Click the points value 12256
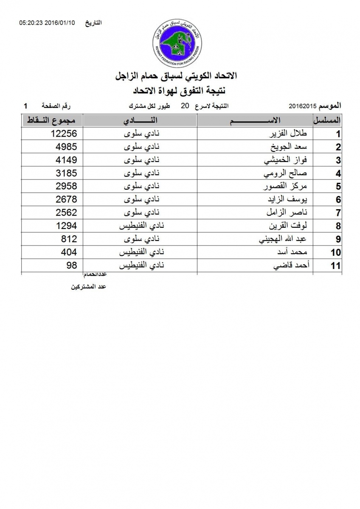pos(63,134)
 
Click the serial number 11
pos(336,266)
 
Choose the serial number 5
pos(338,187)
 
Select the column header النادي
pos(140,120)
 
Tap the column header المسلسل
pos(327,120)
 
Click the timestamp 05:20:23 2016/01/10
pos(47,22)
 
